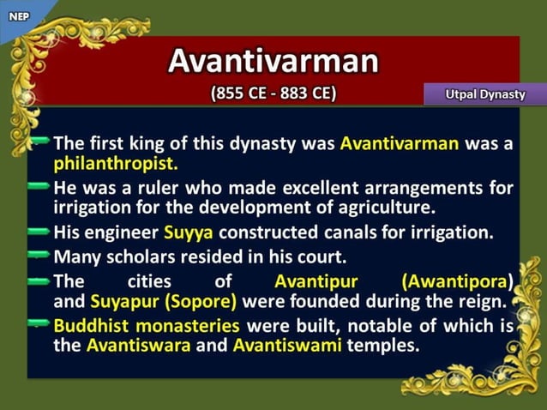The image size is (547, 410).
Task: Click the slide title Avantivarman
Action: (273, 61)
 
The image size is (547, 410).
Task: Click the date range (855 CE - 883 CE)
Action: (273, 93)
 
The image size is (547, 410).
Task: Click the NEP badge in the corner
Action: (18, 15)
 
